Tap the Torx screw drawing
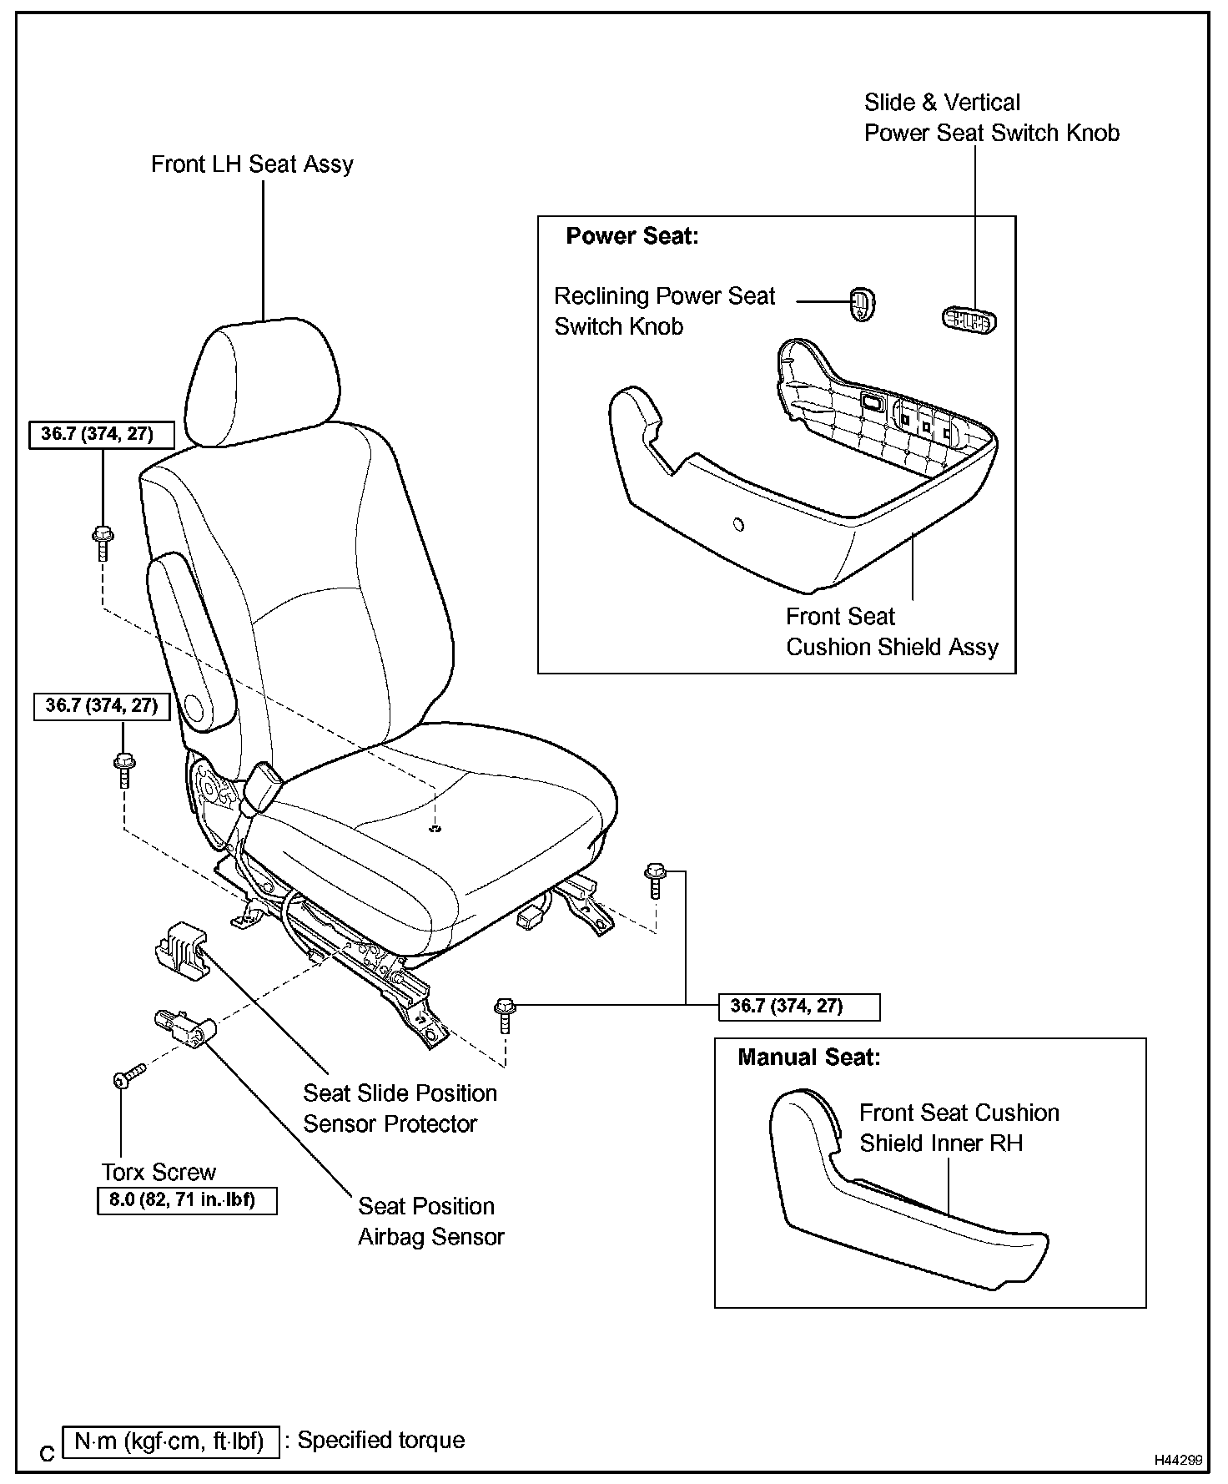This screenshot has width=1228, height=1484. click(128, 1076)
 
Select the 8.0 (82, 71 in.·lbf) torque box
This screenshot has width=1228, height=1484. click(187, 1202)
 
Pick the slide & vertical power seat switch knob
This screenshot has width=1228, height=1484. click(969, 320)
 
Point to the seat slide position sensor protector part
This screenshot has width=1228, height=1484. click(182, 951)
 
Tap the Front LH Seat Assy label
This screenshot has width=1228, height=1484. click(252, 164)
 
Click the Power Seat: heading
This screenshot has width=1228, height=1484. click(632, 236)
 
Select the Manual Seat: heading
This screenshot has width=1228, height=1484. click(808, 1057)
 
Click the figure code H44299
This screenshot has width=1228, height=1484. click(1178, 1460)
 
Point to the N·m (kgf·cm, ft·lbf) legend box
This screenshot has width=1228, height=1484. click(170, 1441)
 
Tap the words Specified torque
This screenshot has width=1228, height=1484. click(381, 1441)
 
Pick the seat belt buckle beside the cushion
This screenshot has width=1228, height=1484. click(262, 785)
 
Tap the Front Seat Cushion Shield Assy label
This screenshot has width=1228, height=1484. click(891, 632)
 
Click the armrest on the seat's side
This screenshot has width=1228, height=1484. click(191, 634)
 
